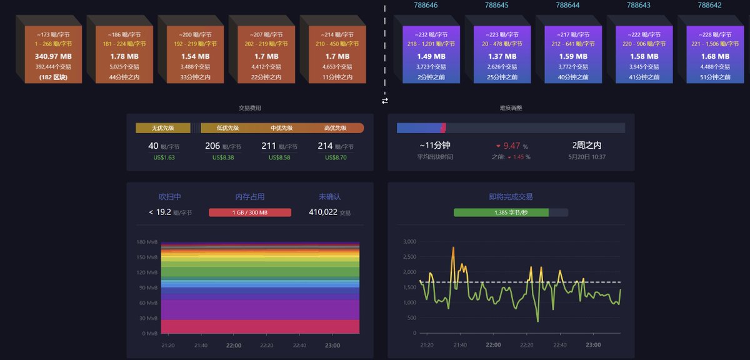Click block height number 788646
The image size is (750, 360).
pos(426,5)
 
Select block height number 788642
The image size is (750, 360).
pos(709,5)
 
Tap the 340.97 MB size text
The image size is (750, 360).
pos(54,56)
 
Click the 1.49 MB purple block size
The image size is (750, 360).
pos(431,56)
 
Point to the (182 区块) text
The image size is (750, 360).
pos(54,77)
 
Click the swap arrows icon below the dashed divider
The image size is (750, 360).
pos(385,101)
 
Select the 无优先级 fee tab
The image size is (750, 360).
pos(162,128)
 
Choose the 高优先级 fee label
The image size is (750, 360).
pos(335,128)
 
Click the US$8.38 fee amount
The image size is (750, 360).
pos(223,157)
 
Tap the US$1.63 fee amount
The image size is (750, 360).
pos(164,157)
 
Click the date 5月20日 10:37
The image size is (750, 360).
pos(587,157)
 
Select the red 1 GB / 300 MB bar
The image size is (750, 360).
pos(250,212)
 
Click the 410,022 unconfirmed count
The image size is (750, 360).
pos(323,212)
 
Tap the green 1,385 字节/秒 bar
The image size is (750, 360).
pos(501,212)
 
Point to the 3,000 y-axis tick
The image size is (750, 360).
pos(409,242)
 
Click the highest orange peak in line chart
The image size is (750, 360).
pos(453,248)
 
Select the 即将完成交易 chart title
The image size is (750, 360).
pos(511,197)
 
